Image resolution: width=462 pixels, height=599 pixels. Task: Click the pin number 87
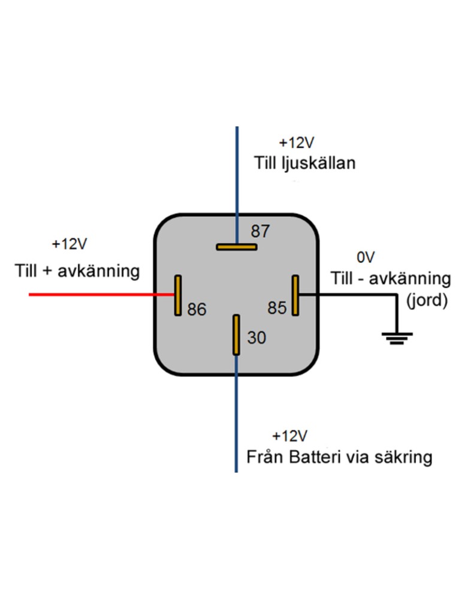(261, 231)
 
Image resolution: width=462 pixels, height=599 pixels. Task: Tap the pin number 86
(197, 310)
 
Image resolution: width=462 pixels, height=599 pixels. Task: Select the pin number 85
(277, 308)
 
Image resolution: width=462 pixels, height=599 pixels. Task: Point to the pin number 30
(256, 338)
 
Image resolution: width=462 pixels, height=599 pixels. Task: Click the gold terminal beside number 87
(237, 246)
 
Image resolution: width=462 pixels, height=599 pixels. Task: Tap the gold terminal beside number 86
(177, 295)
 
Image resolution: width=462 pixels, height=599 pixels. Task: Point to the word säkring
(401, 458)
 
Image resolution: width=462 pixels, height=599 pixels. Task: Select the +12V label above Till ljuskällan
(297, 143)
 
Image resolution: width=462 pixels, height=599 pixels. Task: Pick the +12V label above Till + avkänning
(69, 244)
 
